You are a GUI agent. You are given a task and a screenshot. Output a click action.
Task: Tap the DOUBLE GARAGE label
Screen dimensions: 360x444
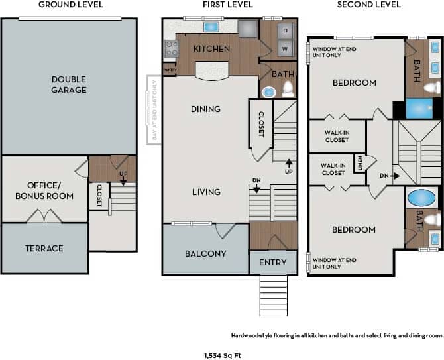coord(69,84)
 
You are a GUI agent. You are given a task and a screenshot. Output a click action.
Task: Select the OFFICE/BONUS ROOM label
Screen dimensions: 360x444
coord(44,190)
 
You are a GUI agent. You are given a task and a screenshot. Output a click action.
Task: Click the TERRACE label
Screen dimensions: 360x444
coord(44,248)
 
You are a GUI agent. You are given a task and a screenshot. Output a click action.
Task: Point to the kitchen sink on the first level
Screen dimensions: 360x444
coord(211,27)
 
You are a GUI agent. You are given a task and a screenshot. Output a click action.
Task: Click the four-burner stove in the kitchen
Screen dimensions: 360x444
coord(172,48)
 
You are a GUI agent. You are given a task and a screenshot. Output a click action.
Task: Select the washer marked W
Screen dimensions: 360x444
coord(286,48)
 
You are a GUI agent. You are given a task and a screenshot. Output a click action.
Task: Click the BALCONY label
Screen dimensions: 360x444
coord(205,253)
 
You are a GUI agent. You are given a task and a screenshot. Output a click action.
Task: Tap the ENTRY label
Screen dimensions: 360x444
coord(272,262)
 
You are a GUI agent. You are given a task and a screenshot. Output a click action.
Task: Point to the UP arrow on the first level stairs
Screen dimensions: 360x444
coord(288,166)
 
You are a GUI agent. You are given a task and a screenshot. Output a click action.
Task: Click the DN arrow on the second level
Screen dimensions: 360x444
coord(390,176)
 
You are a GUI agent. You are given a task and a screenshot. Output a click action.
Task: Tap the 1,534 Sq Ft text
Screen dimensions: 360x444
coord(222,355)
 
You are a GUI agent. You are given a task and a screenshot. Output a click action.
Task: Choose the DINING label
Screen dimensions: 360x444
coord(205,109)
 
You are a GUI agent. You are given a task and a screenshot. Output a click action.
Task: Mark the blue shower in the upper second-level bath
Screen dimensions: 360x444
coord(419,108)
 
